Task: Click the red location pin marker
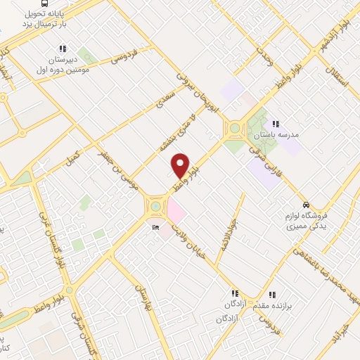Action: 181,165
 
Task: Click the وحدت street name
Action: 264,56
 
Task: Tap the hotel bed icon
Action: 155,227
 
